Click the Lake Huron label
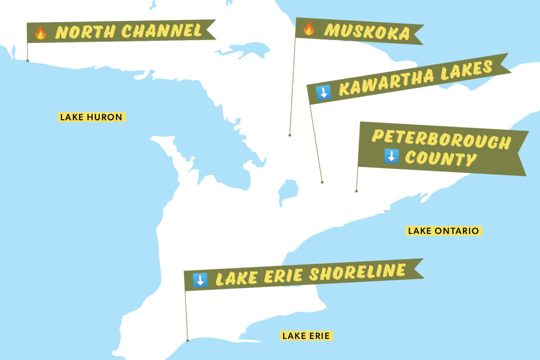(91, 117)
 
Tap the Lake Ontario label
(443, 231)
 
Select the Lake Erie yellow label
(306, 336)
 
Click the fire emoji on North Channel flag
(40, 33)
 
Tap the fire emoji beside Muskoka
(309, 29)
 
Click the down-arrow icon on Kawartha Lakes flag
(324, 92)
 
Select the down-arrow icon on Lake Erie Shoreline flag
(200, 280)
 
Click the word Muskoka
(367, 32)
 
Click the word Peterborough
(441, 139)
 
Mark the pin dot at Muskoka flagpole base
(290, 135)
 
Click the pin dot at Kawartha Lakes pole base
(322, 182)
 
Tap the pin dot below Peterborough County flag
(356, 191)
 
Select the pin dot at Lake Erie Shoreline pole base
(187, 341)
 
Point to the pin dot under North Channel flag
(27, 60)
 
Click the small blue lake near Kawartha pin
(287, 191)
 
